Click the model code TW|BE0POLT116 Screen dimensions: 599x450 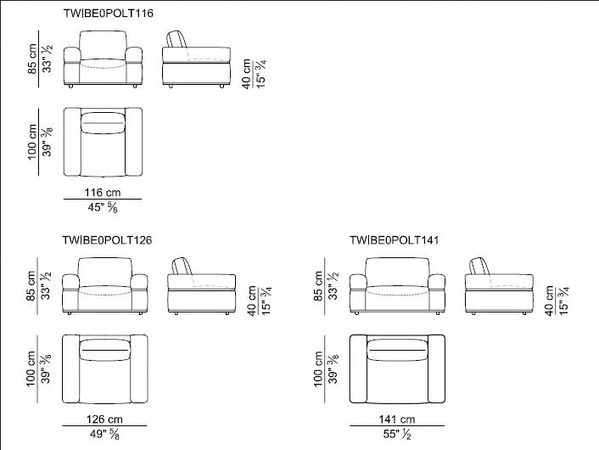pos(108,14)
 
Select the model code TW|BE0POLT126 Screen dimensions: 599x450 pos(108,240)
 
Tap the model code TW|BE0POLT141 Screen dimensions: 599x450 pos(395,240)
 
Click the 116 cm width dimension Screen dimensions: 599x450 pos(103,192)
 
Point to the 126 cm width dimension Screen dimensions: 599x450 pos(104,419)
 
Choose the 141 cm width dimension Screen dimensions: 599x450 pos(397,419)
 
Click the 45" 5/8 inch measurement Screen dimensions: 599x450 pos(103,207)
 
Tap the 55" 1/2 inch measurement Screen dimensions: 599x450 pos(397,435)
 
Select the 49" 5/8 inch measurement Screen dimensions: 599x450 pos(104,435)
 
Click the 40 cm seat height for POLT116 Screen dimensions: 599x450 pos(246,74)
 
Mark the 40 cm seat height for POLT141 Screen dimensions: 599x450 pos(549,301)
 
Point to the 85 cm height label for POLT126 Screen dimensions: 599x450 pos(31,286)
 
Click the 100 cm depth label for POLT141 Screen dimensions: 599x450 pos(318,369)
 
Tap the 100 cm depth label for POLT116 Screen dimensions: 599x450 pos(32,142)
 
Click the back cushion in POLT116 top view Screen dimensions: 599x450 pos(103,123)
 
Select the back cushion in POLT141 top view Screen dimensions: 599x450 pos(397,350)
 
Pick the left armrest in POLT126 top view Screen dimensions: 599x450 pos(71,369)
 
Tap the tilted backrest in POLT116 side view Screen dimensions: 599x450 pos(176,38)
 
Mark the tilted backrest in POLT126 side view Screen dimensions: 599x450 pos(182,266)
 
